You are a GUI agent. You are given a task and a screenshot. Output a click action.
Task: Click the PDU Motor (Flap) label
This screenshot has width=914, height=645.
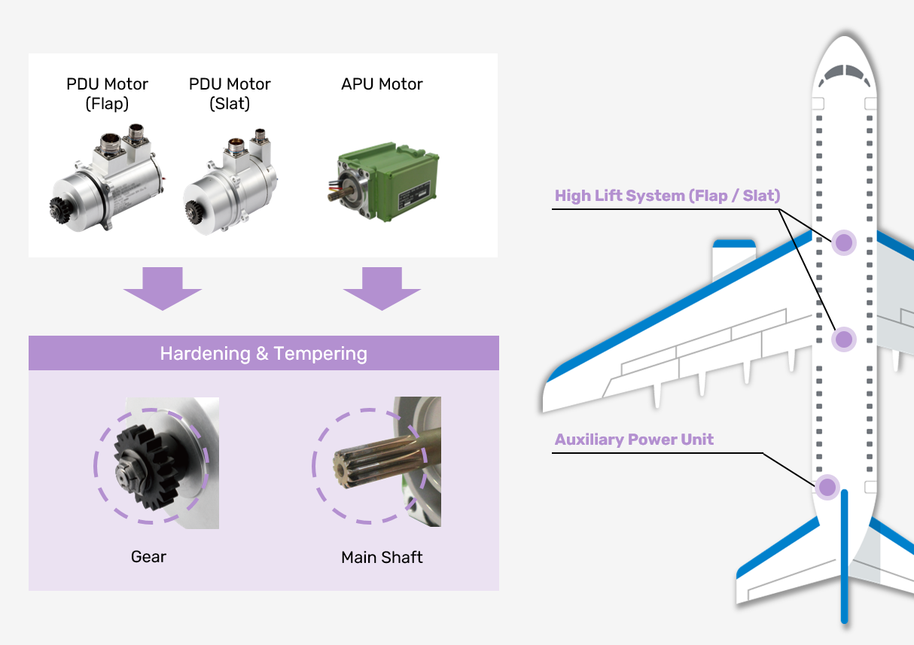[107, 93]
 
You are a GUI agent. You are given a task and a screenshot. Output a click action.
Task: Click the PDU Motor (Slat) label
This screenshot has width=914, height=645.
[230, 93]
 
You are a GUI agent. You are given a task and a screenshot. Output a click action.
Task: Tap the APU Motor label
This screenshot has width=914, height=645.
[382, 84]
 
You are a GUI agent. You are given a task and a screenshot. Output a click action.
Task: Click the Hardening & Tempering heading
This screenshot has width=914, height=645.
[264, 354]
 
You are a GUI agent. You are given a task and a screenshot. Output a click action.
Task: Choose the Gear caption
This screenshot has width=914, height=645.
[148, 557]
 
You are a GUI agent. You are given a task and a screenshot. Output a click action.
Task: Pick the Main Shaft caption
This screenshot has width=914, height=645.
[382, 558]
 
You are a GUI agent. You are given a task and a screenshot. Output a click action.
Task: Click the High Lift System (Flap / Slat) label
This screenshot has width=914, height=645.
[667, 196]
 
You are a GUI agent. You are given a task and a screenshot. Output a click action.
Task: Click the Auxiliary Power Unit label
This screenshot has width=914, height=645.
[634, 440]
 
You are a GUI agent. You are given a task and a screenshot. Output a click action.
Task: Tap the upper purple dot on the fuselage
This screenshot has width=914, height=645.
[844, 242]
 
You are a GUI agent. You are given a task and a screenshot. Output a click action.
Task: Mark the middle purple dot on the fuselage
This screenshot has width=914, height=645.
[844, 339]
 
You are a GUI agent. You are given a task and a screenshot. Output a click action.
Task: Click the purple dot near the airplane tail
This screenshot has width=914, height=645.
[827, 486]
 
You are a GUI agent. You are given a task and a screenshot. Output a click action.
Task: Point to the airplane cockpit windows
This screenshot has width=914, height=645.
[845, 73]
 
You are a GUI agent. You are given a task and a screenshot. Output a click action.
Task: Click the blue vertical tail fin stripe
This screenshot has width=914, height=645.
[845, 557]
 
